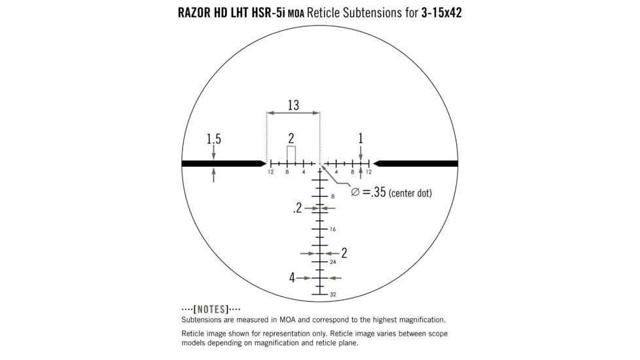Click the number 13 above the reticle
pos(293,105)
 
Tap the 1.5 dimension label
pos(213,139)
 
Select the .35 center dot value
pos(377,192)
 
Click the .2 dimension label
pos(298,208)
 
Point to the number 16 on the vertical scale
pos(333,229)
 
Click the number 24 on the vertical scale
pos(333,262)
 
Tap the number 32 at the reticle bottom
pos(333,295)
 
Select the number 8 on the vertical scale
pos(332,196)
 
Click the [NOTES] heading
pos(211,309)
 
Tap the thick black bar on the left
pos(222,163)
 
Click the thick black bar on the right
pos(416,163)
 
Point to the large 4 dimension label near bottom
pos(293,278)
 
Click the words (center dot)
pos(410,194)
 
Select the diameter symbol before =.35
pos(355,192)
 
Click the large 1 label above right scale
pos(360,138)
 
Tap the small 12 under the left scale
pos(270,172)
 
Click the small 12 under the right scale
pos(368,172)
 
